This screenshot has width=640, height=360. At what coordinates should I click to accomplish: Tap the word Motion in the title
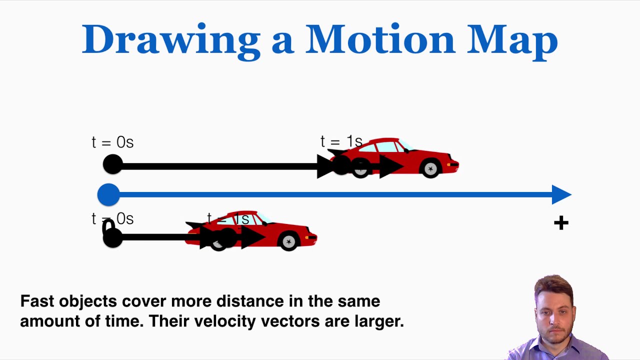pyautogui.click(x=380, y=39)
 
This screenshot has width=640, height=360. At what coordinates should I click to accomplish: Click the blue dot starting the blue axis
pyautogui.click(x=108, y=194)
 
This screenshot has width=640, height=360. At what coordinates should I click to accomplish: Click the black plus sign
pyautogui.click(x=561, y=223)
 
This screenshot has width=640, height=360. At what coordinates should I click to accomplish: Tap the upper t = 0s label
pyautogui.click(x=112, y=142)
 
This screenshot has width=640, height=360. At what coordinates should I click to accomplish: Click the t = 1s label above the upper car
pyautogui.click(x=341, y=141)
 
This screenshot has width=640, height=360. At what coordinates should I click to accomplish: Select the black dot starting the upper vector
pyautogui.click(x=112, y=164)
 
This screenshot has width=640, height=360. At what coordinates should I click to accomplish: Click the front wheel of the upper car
pyautogui.click(x=430, y=169)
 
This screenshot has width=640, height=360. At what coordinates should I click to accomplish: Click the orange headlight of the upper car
pyautogui.click(x=453, y=164)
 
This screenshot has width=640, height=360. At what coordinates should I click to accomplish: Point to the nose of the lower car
pyautogui.click(x=314, y=236)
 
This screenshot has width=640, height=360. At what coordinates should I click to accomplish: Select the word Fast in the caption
pyautogui.click(x=37, y=301)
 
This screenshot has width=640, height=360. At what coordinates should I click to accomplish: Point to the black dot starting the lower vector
pyautogui.click(x=112, y=237)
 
